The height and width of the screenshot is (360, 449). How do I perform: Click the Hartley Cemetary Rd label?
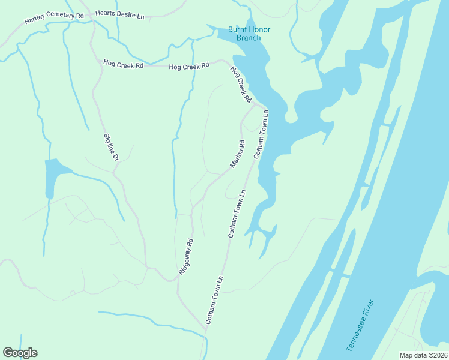pos(53,17)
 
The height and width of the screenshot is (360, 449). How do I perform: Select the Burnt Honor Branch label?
pos(244,34)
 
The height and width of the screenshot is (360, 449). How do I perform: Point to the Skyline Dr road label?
pos(112,146)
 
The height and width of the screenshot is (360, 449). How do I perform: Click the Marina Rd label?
pos(238,154)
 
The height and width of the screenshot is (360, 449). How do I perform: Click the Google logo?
pos(20,353)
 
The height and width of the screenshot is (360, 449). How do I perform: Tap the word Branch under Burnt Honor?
pos(248,38)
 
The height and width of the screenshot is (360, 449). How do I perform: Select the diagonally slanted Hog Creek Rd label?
pos(240,84)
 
